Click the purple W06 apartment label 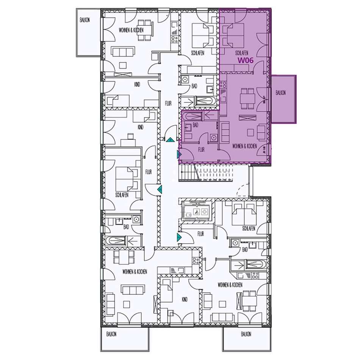point(246,60)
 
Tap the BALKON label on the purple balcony point(280,93)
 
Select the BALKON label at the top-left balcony point(85,20)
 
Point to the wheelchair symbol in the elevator point(197,211)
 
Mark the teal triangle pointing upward point(170,139)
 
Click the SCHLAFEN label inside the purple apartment point(242,53)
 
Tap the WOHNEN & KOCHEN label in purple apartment point(244,146)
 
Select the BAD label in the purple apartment point(196,125)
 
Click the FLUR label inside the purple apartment point(201,150)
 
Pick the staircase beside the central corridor point(206,173)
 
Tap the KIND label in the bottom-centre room point(185,300)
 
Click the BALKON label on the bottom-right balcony point(246,334)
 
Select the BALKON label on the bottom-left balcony point(111,334)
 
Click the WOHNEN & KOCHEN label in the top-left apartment point(131,30)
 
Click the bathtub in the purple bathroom point(193,116)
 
